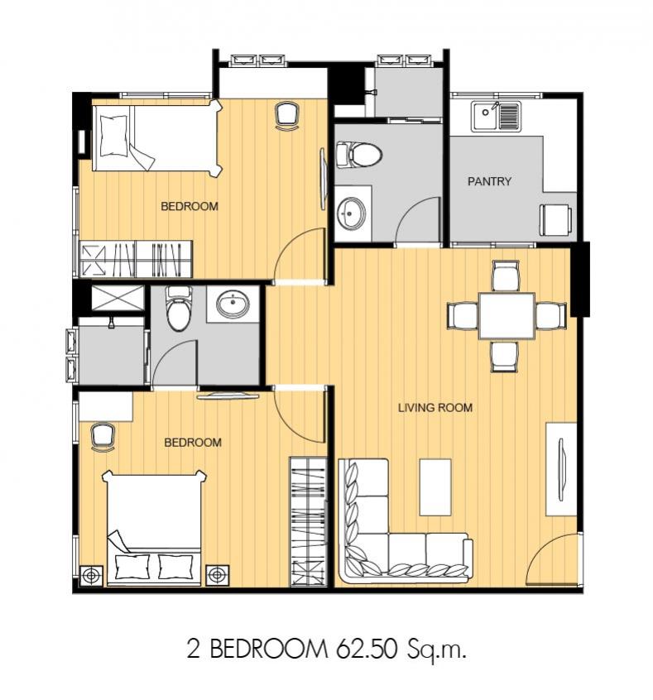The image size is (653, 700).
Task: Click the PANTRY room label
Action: coord(489,181)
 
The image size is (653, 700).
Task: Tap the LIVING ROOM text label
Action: coord(435,408)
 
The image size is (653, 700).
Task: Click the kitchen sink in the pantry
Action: coord(497,116)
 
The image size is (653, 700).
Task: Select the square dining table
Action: coord(507,316)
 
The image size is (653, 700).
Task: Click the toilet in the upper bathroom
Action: coord(358,155)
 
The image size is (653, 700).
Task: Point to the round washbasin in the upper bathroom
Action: coord(352,213)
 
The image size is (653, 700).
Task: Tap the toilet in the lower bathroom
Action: coord(179,309)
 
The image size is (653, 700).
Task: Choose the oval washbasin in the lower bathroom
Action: coord(233,304)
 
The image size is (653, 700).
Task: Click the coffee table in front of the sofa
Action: coord(435,487)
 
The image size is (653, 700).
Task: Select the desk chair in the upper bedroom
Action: coord(286,116)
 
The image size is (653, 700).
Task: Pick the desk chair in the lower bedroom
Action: coord(103,438)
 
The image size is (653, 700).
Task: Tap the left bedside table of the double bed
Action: coord(91,576)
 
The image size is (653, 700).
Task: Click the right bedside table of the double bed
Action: coord(218,575)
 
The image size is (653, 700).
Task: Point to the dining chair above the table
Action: coord(505,276)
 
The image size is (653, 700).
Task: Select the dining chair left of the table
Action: coord(463,315)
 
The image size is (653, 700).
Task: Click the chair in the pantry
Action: coord(556,219)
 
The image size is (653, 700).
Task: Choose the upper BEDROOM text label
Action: coord(190,206)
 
